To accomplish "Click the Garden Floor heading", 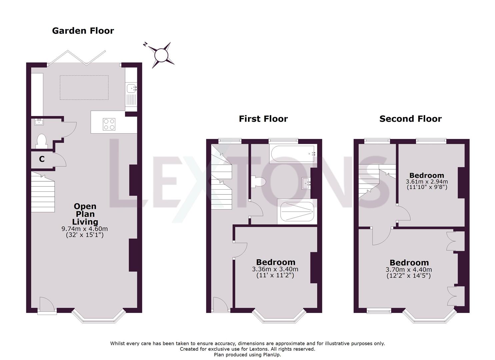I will pos(83,31).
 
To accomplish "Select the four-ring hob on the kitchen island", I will pos(109,124).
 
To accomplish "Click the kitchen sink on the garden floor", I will pos(131,89).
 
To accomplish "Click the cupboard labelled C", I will pos(42,159).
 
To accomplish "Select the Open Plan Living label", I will pos(85,214).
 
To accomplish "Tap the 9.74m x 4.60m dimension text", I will pos(85,229).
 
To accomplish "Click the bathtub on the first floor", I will pos(293,154).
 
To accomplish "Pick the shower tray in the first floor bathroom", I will pos(297,212).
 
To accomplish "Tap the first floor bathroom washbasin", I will pos(306,183).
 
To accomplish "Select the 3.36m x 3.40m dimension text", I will pos(275,269).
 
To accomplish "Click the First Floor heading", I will pos(263,119).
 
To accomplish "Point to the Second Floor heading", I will pos(410,119).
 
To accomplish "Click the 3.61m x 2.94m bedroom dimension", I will pos(427,182).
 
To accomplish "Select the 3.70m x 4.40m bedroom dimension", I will pos(409,270).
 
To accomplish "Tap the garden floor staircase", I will pos(43,192).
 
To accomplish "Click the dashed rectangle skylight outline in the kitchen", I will pos(84,87).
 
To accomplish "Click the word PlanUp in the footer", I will pos(270,355).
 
